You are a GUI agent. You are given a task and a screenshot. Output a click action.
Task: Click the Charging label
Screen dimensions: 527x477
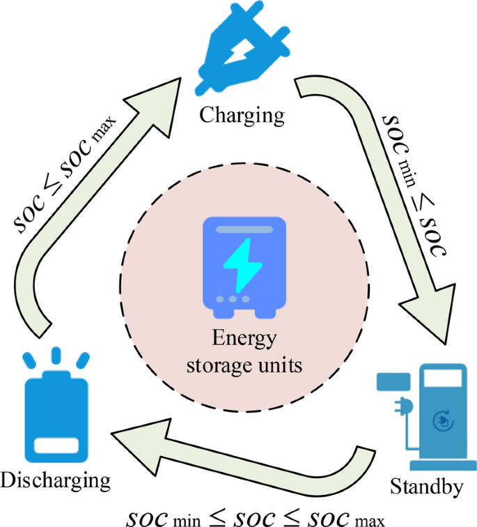[242, 115]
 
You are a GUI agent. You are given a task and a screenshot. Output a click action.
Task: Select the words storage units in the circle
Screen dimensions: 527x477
[244, 365]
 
